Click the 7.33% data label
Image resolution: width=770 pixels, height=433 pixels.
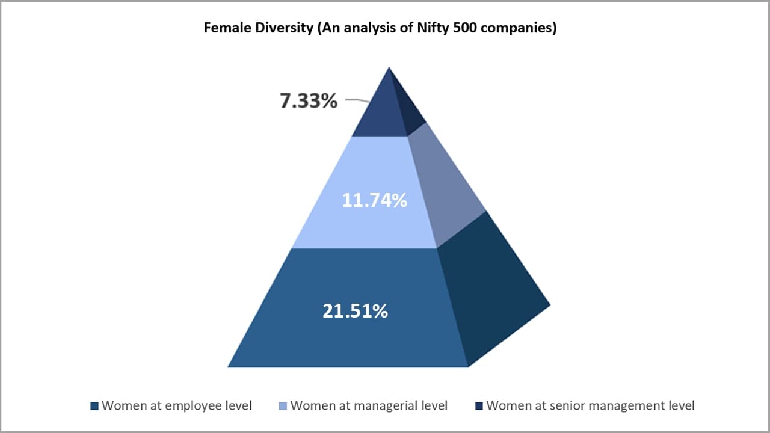(x=308, y=101)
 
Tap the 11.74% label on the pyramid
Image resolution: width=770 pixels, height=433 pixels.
(x=374, y=200)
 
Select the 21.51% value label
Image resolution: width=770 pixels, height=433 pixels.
(x=355, y=311)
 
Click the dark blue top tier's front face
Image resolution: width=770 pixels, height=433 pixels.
(x=379, y=117)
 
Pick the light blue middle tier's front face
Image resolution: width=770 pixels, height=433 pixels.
(x=361, y=223)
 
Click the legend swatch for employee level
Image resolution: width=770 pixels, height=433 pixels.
(x=94, y=406)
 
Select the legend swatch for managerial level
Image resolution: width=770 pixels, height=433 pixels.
(x=283, y=406)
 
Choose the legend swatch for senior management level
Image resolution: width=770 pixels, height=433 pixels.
(x=479, y=406)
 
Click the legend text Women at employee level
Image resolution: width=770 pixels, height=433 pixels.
(x=177, y=405)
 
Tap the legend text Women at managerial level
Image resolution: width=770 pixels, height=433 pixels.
(x=369, y=405)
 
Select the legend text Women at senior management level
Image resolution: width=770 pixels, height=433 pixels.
(x=590, y=405)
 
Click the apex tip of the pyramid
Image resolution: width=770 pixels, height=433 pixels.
(x=390, y=69)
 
